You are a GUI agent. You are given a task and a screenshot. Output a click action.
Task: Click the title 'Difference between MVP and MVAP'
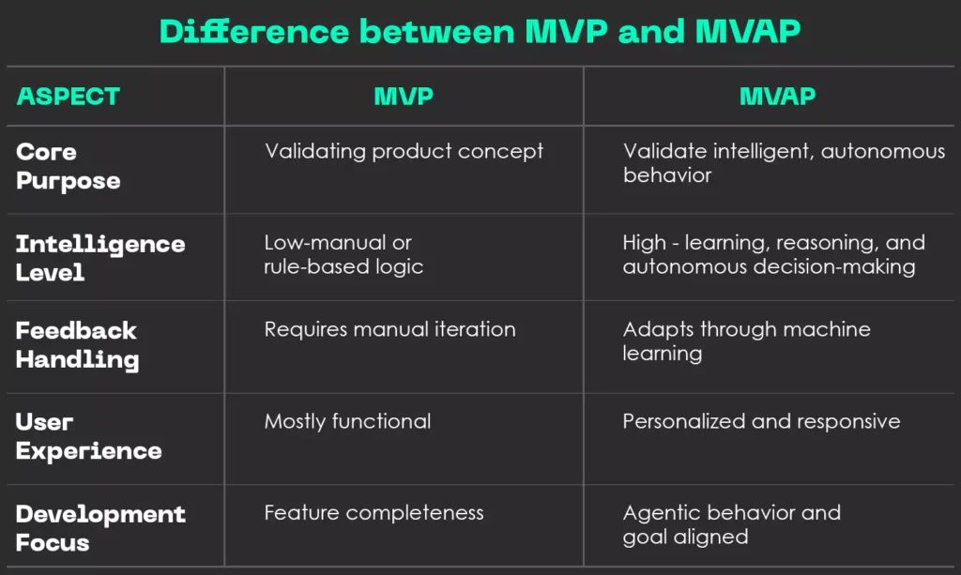[x=480, y=31]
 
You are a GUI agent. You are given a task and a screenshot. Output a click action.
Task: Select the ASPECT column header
[x=69, y=96]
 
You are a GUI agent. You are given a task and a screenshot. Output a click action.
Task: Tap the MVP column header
[x=404, y=96]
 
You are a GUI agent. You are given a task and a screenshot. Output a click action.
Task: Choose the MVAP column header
[x=777, y=96]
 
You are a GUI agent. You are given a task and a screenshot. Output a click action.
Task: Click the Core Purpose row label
[x=69, y=166]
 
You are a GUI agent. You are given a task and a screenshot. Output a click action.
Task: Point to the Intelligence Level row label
[x=100, y=258]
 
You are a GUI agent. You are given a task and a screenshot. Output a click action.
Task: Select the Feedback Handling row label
[x=77, y=344]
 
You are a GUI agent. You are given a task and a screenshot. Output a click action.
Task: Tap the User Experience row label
[x=88, y=436]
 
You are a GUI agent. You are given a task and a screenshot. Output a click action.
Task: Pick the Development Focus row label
[x=100, y=528]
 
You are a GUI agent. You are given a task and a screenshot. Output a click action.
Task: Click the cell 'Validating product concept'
[x=404, y=151]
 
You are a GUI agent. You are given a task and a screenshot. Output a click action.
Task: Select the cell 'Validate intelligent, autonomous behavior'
[x=784, y=163]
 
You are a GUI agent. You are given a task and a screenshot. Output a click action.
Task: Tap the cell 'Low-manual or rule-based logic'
[x=343, y=254]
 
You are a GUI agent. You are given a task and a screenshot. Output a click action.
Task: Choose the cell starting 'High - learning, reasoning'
[x=773, y=254]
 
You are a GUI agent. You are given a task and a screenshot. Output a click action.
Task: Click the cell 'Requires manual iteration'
[x=389, y=329]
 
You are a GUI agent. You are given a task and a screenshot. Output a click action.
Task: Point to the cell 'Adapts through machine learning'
[x=746, y=340]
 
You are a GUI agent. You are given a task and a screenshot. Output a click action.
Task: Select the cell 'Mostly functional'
[x=347, y=421]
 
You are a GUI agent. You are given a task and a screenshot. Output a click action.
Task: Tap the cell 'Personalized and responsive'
[x=761, y=421]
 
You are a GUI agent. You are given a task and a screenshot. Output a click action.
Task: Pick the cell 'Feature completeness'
[x=374, y=513]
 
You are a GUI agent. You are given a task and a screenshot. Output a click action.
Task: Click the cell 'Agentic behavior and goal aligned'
[x=731, y=524]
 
